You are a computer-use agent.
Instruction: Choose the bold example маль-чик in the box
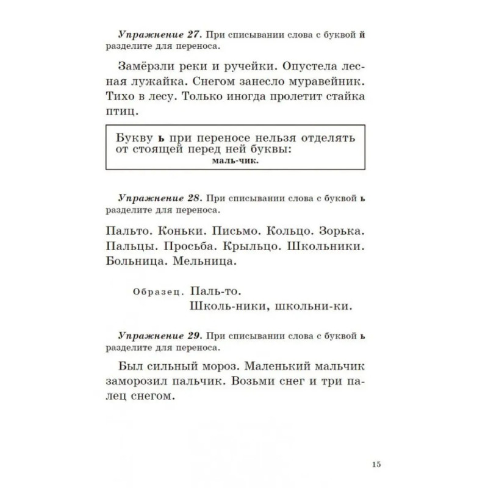pyautogui.click(x=236, y=162)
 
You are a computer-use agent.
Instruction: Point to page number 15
pyautogui.click(x=376, y=464)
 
